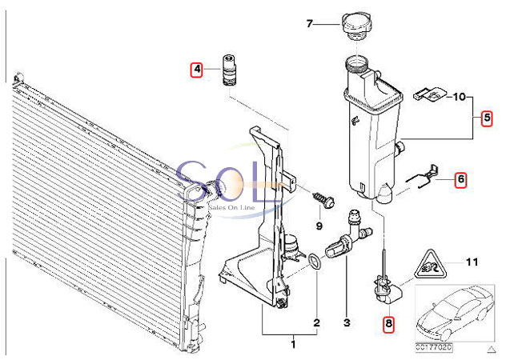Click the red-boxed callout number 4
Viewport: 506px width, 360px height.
tap(196, 70)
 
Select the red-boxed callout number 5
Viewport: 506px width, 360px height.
tap(487, 118)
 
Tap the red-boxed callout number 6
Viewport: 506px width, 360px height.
tap(461, 180)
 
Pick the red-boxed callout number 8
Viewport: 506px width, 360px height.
tap(388, 323)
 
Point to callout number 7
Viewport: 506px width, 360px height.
tap(310, 24)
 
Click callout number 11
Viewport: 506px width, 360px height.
tap(472, 262)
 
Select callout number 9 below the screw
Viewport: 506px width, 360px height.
tap(319, 226)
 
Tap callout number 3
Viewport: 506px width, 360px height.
tap(347, 322)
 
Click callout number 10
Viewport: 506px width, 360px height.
tap(460, 97)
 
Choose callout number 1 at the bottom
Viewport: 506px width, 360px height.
tap(293, 344)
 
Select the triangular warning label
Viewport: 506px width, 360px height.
tap(429, 266)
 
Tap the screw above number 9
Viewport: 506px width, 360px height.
tap(323, 200)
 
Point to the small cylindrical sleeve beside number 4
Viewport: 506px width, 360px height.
tap(228, 70)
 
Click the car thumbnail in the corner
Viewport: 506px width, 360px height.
tap(455, 314)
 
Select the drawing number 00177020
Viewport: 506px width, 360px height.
tap(434, 347)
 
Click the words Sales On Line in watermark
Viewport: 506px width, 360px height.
tap(232, 207)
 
